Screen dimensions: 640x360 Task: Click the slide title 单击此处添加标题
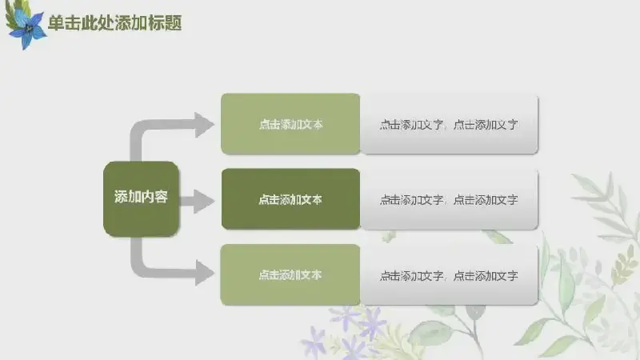[x=115, y=23]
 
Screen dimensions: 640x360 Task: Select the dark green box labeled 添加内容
[x=141, y=198]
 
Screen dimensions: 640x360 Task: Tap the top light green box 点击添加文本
[x=290, y=124]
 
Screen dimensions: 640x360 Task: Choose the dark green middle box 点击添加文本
[x=290, y=199]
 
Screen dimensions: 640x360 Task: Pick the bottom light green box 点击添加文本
[x=290, y=274]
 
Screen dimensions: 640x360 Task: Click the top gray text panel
[x=449, y=124]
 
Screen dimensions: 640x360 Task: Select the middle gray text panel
[x=449, y=199]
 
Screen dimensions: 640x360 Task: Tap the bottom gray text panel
[x=449, y=275]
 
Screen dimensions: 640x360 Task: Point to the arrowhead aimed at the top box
[x=203, y=125]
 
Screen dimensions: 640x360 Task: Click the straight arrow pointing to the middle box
[x=197, y=202]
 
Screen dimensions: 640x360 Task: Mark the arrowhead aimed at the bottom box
[x=204, y=273]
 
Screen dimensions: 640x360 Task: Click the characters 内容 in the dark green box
[x=154, y=197]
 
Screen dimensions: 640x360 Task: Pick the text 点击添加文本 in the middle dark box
[x=290, y=199]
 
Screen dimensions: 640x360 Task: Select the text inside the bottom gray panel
[x=449, y=276]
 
